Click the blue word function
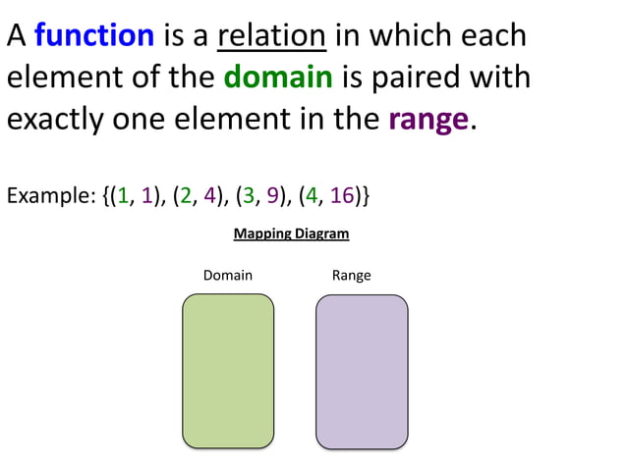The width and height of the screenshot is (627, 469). [94, 36]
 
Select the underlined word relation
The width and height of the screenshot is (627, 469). [271, 36]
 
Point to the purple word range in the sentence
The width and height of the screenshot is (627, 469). [427, 120]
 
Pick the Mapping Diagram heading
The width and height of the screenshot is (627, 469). [291, 234]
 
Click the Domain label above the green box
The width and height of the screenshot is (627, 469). [227, 276]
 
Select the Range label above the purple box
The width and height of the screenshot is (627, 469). [351, 276]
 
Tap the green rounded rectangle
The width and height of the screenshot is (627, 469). [228, 371]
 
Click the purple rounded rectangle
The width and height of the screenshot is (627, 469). [361, 371]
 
